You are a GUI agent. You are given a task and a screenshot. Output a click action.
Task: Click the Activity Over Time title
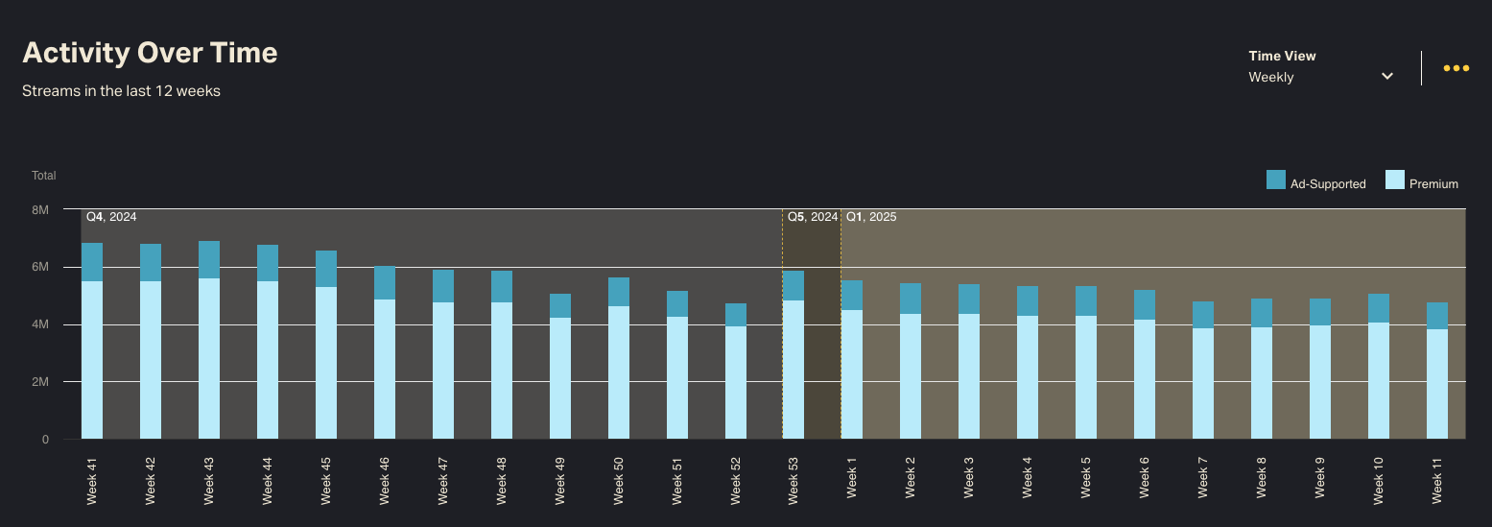(x=150, y=53)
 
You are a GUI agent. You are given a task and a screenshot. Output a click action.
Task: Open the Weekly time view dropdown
(x=1320, y=77)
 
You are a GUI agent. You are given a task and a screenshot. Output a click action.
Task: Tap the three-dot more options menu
(x=1456, y=68)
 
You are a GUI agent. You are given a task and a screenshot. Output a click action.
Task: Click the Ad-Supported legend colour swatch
(x=1275, y=180)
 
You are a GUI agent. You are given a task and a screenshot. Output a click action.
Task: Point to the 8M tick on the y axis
(x=40, y=209)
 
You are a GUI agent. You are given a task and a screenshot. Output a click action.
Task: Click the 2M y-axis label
(x=40, y=382)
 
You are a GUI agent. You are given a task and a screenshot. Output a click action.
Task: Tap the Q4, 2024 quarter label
(x=111, y=217)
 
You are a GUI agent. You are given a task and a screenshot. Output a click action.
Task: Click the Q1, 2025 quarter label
(x=870, y=217)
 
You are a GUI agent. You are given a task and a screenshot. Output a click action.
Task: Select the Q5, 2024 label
(x=812, y=217)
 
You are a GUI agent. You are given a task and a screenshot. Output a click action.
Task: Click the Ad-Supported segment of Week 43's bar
(x=209, y=259)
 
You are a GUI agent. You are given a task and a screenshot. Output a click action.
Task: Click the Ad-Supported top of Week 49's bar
(x=560, y=305)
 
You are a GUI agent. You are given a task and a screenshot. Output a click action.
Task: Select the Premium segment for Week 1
(x=852, y=374)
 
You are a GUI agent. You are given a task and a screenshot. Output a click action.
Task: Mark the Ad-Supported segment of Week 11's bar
(x=1437, y=316)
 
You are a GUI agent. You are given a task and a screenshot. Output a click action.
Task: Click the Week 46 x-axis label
(x=385, y=480)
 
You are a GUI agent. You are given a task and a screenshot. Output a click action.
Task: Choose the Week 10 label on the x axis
(x=1379, y=480)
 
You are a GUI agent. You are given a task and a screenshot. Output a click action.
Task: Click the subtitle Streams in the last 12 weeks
(x=121, y=91)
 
